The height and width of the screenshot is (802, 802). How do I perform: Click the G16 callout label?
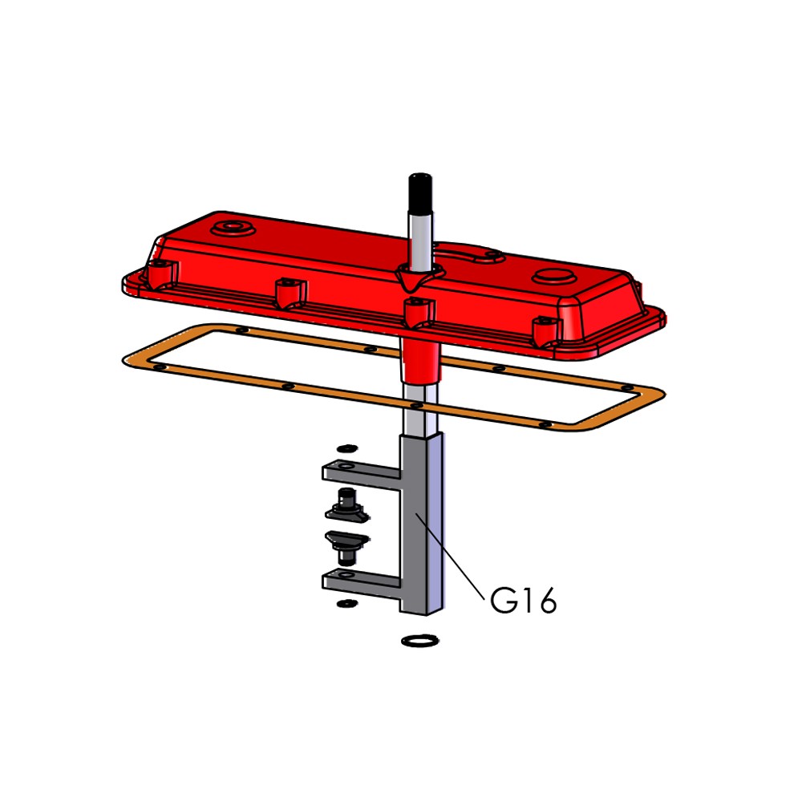523,600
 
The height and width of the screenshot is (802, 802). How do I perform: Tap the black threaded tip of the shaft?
420,193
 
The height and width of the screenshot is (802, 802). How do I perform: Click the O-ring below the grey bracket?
420,640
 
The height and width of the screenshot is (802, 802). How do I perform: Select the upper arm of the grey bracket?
361,475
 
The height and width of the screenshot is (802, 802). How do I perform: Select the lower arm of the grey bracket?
361,582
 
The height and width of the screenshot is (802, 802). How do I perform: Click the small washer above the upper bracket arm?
347,448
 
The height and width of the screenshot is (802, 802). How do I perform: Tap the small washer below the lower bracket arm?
347,604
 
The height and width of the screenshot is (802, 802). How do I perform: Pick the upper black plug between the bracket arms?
347,506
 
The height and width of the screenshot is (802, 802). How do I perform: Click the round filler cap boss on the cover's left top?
233,227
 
